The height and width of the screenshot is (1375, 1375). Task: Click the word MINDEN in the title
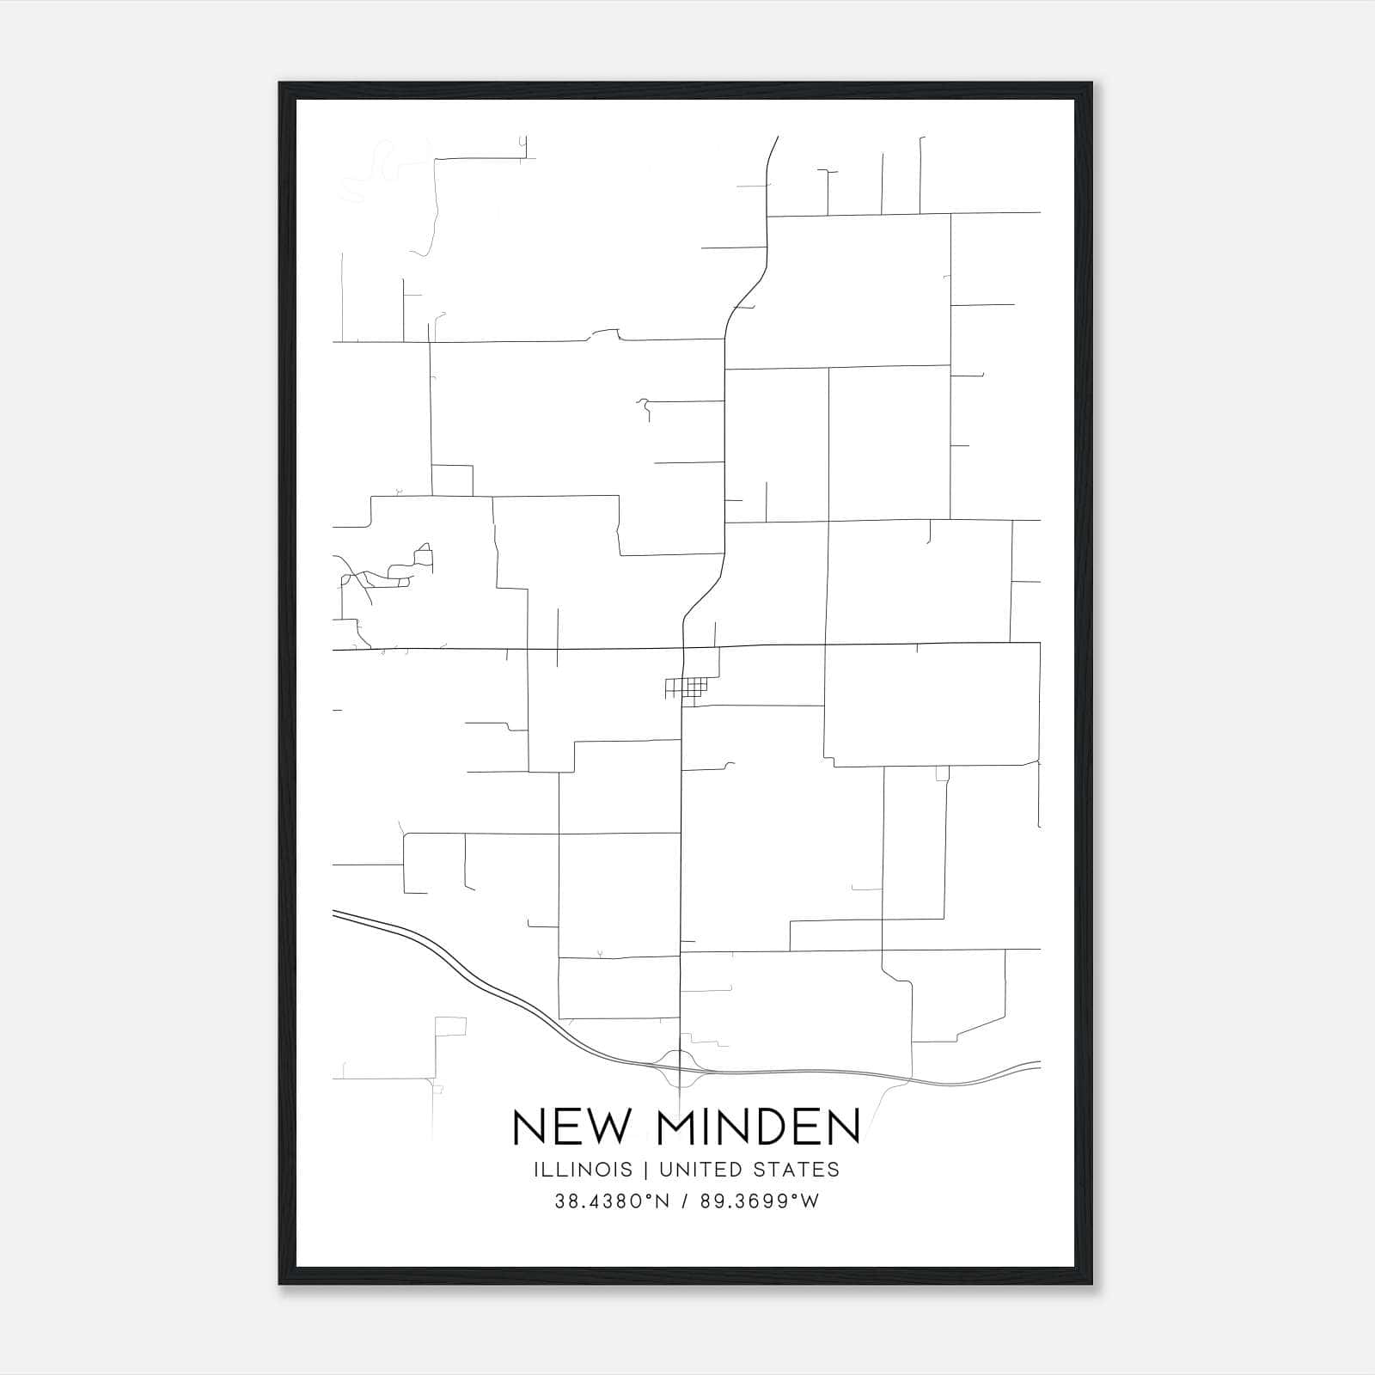coord(759,1127)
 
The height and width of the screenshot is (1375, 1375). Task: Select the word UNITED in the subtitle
coord(701,1170)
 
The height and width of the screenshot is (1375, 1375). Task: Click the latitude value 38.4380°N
coord(612,1201)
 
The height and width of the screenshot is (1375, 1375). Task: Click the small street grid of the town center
coord(687,687)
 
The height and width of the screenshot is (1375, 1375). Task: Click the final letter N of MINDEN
coord(843,1127)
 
